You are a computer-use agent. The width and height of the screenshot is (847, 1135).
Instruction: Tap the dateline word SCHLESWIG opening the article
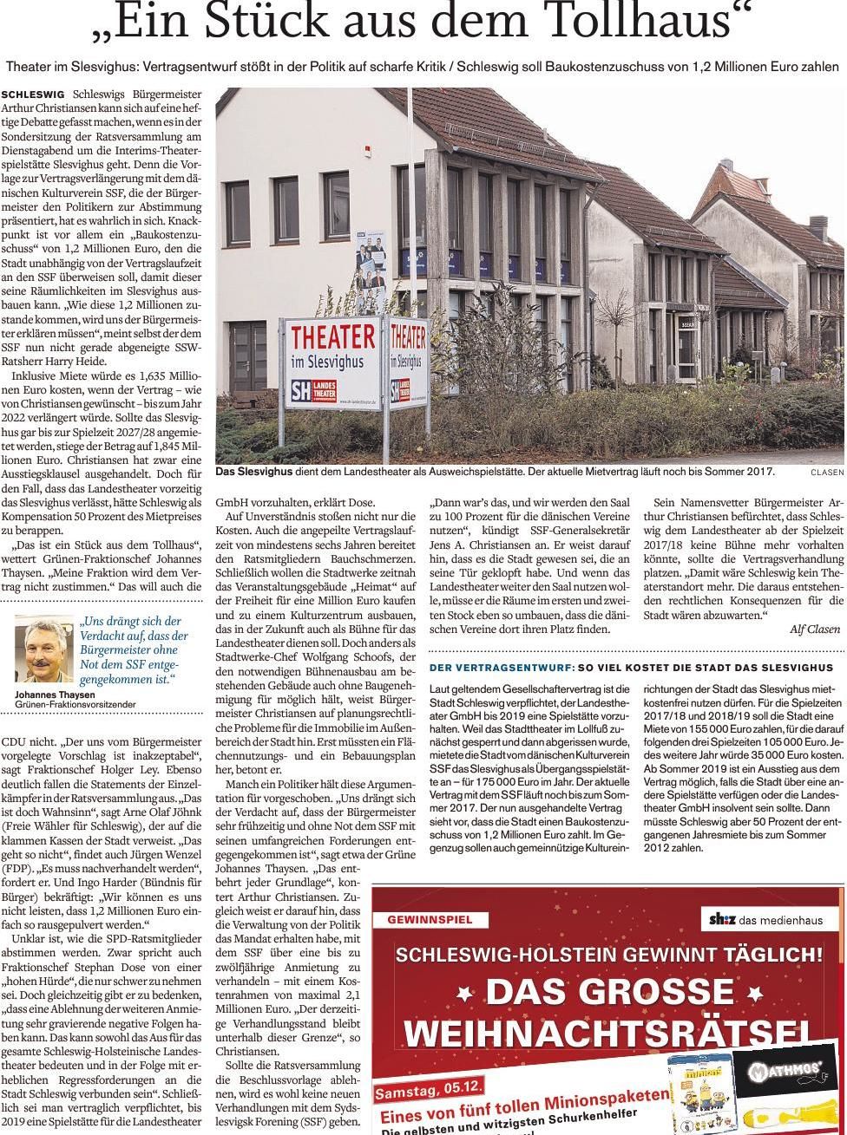pyautogui.click(x=34, y=94)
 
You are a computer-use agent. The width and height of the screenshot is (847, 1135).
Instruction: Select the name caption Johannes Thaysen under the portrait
pyautogui.click(x=54, y=695)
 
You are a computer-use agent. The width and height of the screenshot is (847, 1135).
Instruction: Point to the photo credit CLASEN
pyautogui.click(x=827, y=473)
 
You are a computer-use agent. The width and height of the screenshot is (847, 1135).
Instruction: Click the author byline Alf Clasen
pyautogui.click(x=815, y=629)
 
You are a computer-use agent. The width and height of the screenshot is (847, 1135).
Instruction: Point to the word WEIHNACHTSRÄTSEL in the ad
pyautogui.click(x=607, y=1033)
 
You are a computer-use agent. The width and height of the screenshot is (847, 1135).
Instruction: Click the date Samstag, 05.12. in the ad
pyautogui.click(x=428, y=1089)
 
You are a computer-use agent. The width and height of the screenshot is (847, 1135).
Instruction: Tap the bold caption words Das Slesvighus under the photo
pyautogui.click(x=256, y=473)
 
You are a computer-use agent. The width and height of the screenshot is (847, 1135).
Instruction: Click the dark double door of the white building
pyautogui.click(x=248, y=356)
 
